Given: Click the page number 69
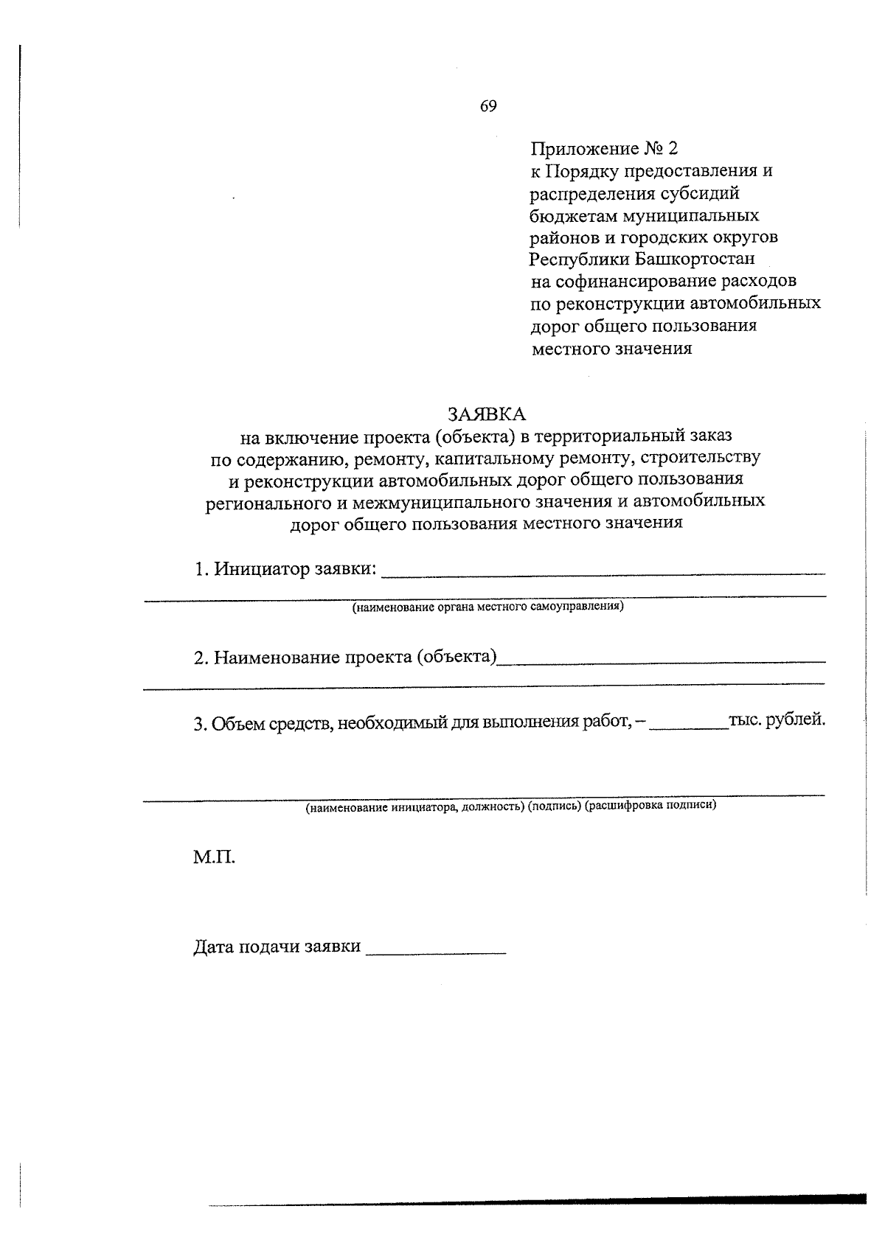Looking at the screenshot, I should point(488,106).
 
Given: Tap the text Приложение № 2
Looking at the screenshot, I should point(603,150).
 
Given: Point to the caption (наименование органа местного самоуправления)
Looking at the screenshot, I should point(487,607).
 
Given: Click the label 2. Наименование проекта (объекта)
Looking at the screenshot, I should point(345,657).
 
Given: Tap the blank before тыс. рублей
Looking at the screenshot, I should point(690,725).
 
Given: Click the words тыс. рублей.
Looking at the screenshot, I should point(777,720).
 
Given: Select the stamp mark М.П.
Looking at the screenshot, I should point(214,858).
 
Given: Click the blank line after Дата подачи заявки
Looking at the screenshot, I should point(436,952).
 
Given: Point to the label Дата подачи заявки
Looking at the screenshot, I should point(277,947).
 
